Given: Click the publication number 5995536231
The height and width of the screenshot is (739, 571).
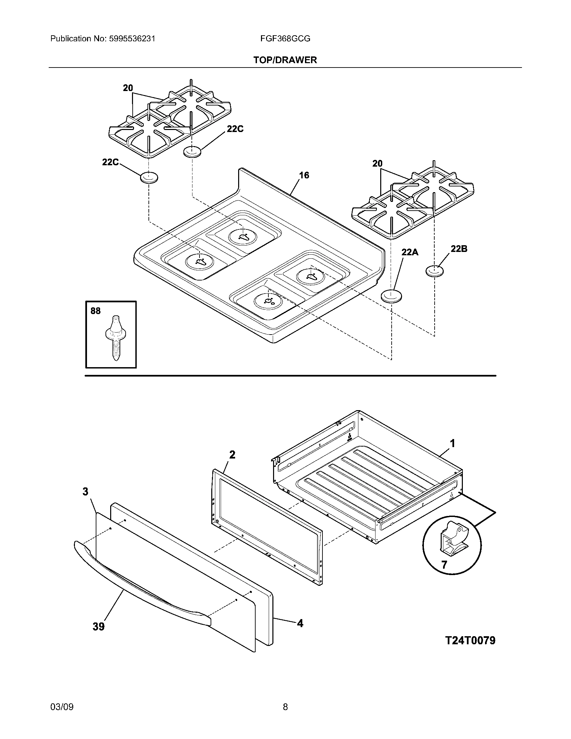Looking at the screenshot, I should coord(132,39).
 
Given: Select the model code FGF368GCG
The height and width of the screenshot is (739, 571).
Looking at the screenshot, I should coord(285,39).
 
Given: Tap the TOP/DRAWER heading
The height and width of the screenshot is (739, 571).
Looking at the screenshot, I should coord(285,60).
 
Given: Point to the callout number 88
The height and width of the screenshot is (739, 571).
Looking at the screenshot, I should coord(95,311).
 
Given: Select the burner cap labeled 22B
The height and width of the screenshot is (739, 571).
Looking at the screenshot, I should coord(434,271).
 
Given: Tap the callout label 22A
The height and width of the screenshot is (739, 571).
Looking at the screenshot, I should coord(410,252).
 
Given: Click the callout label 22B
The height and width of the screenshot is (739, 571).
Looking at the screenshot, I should coord(459,249).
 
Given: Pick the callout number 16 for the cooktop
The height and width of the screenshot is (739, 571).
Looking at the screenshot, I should coord(304,175).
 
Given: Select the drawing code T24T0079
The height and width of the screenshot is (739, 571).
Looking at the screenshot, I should coord(470,640).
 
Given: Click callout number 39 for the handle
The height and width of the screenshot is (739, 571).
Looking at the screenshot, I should coord(99,627).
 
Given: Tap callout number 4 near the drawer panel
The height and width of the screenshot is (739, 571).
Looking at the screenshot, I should coord(300,623).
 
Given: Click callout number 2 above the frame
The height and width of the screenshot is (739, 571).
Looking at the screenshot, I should coord(232,455).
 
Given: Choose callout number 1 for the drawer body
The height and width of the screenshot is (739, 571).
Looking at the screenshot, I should coord(452,443).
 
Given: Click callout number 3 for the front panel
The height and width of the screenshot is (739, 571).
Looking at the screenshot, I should coord(85,491).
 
